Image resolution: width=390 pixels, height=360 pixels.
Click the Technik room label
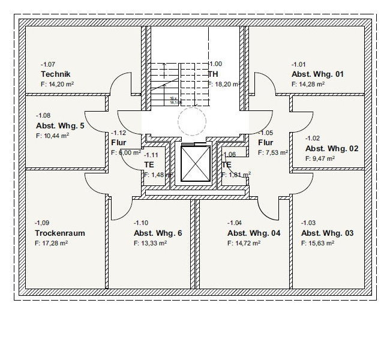coord(51,74)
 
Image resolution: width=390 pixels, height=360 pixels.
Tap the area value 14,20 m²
coord(58,85)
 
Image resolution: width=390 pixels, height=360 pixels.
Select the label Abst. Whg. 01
coord(317,74)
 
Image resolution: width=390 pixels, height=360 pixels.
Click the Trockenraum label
coord(59,233)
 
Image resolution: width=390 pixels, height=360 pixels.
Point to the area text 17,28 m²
coord(51,244)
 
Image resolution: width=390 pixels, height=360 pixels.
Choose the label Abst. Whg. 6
coord(157,233)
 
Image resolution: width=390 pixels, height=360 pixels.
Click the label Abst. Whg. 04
coord(254,233)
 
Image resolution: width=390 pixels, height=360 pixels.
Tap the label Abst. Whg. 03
coord(327,233)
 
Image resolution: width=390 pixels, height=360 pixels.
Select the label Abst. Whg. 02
coord(332,148)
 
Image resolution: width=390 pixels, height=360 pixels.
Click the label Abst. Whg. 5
coord(61,126)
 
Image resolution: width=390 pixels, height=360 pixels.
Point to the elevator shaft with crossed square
coord(195,164)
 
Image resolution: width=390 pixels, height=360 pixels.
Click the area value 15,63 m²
coord(317,244)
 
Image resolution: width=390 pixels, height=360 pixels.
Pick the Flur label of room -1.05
coord(266,143)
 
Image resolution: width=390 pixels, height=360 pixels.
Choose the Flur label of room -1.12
coord(118,143)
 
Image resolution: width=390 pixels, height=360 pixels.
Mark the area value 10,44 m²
coord(53,136)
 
